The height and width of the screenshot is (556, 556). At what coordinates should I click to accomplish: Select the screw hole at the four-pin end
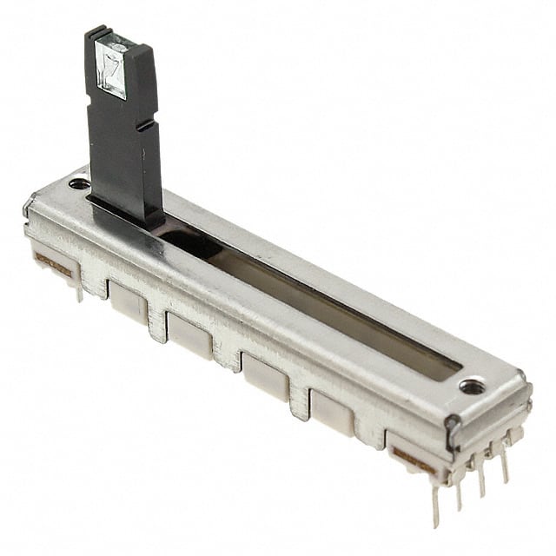472,386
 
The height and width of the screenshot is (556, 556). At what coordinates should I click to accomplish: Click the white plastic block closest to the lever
128,301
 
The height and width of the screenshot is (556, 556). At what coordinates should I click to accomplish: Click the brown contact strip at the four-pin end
414,460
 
